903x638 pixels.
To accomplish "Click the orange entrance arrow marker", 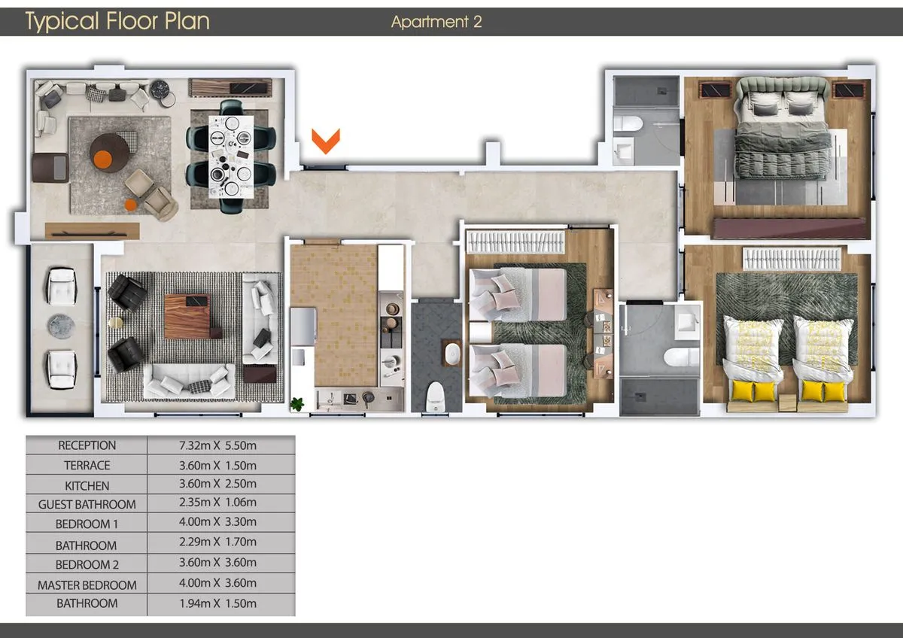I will [326, 141].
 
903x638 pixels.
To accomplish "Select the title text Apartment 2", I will [436, 22].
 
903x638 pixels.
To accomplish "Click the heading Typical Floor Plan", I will [117, 21].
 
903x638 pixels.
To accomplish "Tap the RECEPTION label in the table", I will [87, 445].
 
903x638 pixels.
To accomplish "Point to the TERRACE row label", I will [87, 466].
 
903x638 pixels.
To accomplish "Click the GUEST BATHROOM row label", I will [87, 504].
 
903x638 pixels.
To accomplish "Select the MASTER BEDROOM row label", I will [87, 585].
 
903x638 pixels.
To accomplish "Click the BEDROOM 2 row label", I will [87, 564].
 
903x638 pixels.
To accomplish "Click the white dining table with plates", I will [232, 156].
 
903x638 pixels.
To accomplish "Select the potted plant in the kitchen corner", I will [298, 404].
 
